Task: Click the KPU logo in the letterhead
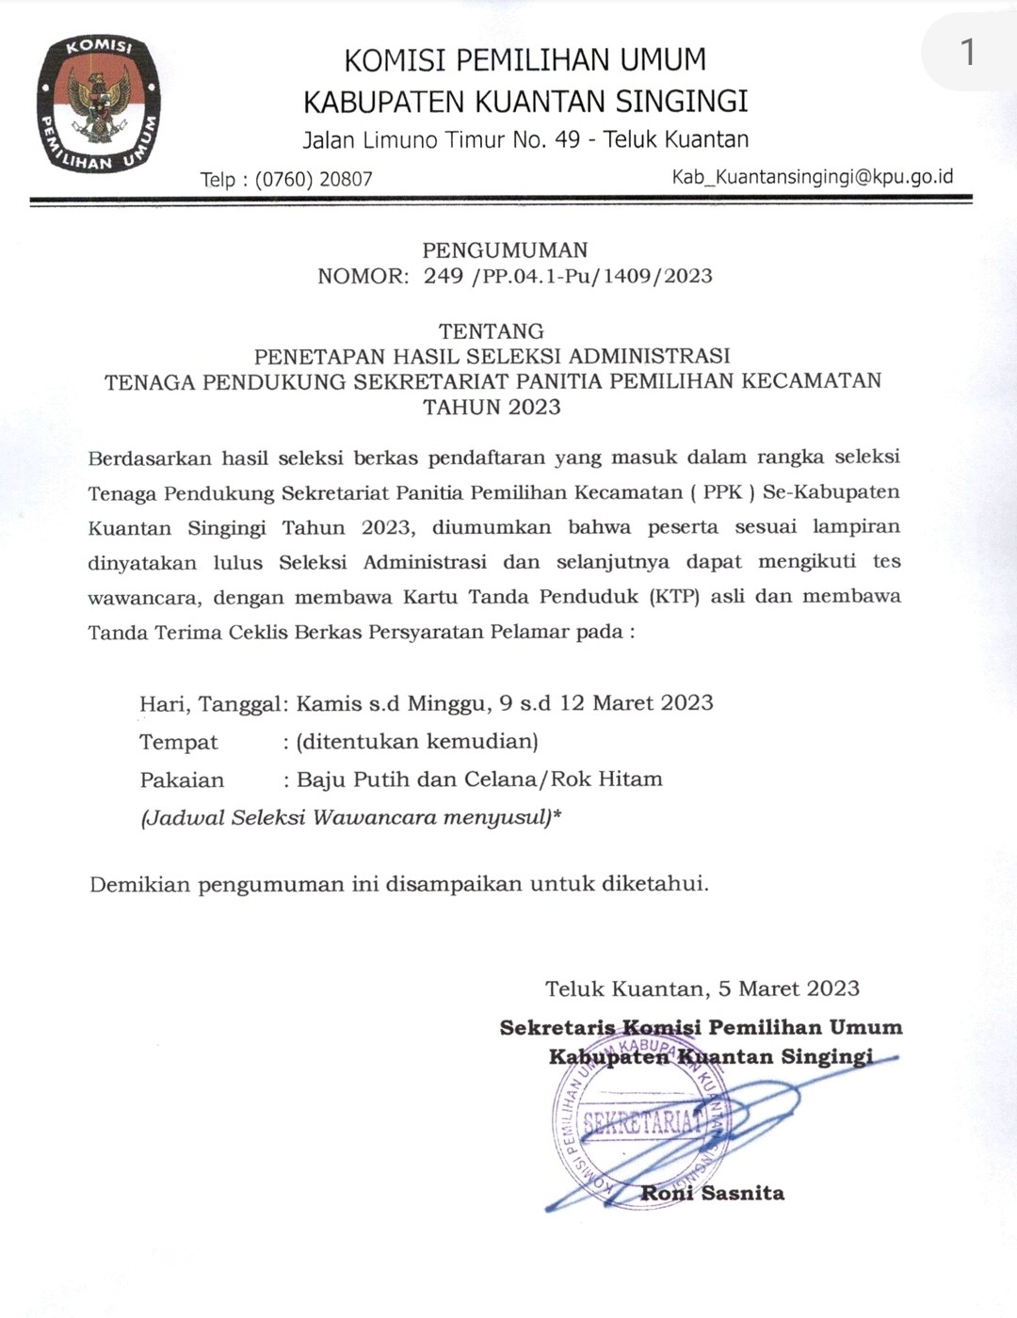pyautogui.click(x=98, y=104)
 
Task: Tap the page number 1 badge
pyautogui.click(x=967, y=52)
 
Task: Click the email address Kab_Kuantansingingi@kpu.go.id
pyautogui.click(x=812, y=177)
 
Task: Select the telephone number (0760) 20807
pyautogui.click(x=314, y=179)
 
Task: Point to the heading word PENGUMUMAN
pyautogui.click(x=505, y=250)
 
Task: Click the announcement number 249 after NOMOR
pyautogui.click(x=444, y=276)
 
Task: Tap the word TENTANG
pyautogui.click(x=492, y=331)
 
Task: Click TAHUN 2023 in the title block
pyautogui.click(x=492, y=407)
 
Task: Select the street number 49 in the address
pyautogui.click(x=568, y=140)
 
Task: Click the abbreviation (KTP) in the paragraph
pyautogui.click(x=674, y=596)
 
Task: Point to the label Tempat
pyautogui.click(x=179, y=742)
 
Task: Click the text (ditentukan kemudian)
pyautogui.click(x=417, y=742)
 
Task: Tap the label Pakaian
pyautogui.click(x=183, y=780)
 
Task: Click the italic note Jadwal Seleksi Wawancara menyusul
pyautogui.click(x=350, y=817)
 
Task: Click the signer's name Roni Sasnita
pyautogui.click(x=713, y=1194)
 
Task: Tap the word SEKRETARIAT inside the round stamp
pyautogui.click(x=644, y=1121)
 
